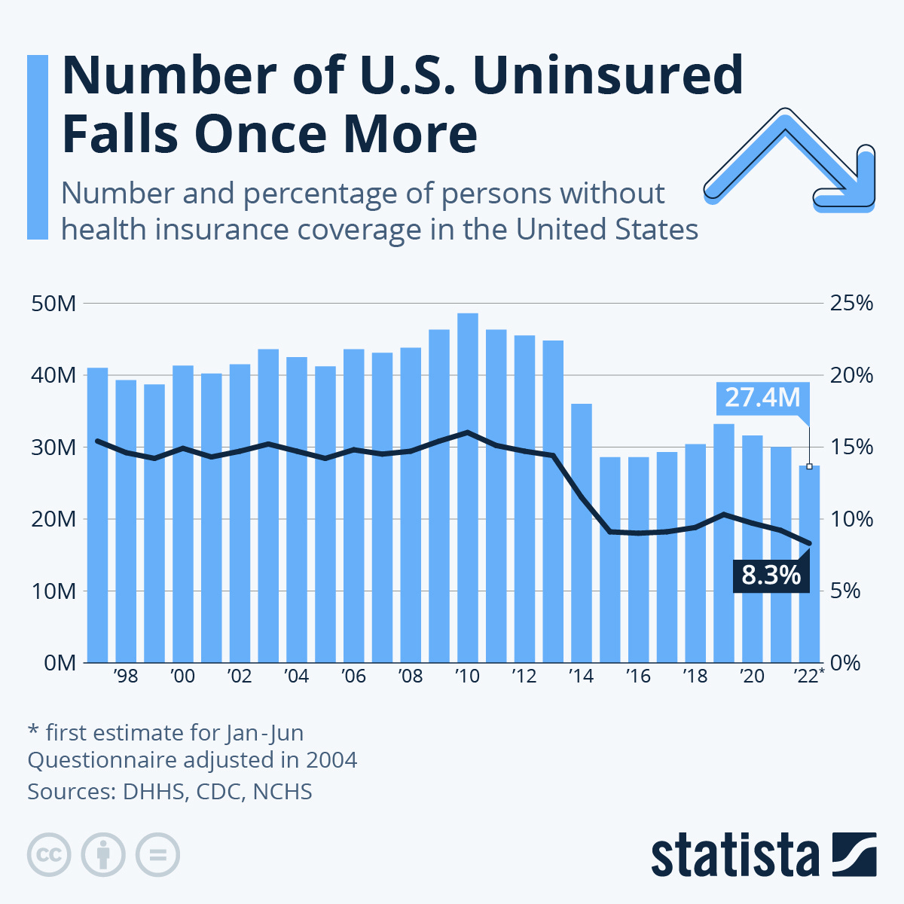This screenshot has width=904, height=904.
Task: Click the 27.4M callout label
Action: (762, 397)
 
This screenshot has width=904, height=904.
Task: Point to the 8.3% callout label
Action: (770, 576)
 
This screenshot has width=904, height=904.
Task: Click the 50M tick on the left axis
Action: (53, 304)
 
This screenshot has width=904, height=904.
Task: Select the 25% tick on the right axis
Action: (851, 304)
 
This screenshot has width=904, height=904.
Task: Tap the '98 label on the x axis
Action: (126, 676)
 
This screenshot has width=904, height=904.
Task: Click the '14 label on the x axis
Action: (581, 676)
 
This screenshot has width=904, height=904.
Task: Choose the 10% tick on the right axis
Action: (851, 519)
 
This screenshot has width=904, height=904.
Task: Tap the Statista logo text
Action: (735, 855)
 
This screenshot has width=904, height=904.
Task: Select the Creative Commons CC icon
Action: (49, 855)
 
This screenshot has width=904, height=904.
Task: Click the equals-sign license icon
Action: (158, 855)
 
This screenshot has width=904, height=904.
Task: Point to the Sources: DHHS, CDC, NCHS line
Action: (169, 792)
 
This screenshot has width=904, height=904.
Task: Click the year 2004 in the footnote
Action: (331, 759)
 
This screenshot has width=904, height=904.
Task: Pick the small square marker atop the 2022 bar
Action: (809, 466)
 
